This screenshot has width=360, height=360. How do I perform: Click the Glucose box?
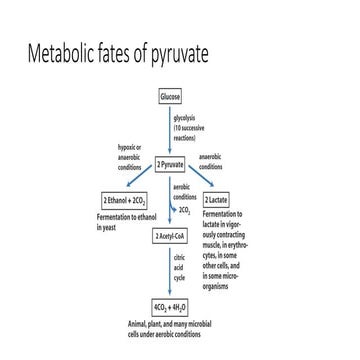[x=171, y=97]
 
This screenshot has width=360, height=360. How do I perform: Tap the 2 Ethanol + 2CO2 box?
[x=124, y=201]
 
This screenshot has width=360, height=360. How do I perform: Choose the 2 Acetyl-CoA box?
[x=171, y=236]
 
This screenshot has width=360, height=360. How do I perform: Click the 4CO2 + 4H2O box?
[x=171, y=306]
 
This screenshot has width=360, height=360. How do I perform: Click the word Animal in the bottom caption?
[x=141, y=326]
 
